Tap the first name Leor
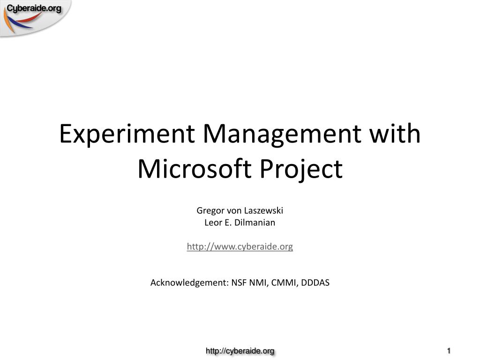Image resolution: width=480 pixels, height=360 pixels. pos(212,223)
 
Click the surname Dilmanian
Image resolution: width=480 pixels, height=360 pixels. pos(255,223)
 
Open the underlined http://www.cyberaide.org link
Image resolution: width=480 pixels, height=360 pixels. pos(240,247)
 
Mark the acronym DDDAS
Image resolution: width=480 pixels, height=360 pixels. pos(315,283)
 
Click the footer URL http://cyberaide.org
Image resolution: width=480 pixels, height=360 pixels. pos(240,351)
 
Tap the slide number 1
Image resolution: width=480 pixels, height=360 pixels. pos(449,351)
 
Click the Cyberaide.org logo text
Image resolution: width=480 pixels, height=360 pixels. pos(34,8)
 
